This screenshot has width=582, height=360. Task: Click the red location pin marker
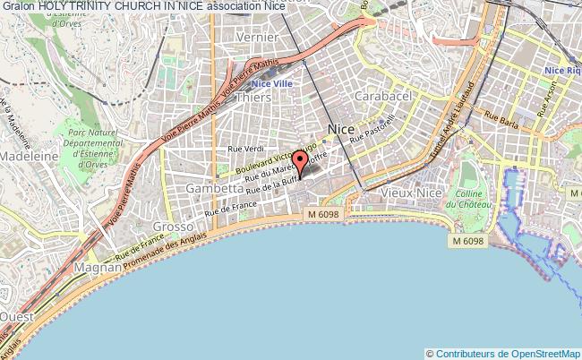coord(299,161)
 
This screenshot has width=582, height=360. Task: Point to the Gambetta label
coord(214,189)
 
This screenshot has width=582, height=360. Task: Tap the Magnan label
coord(98,267)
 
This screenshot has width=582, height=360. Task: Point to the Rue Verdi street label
coord(247,149)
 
